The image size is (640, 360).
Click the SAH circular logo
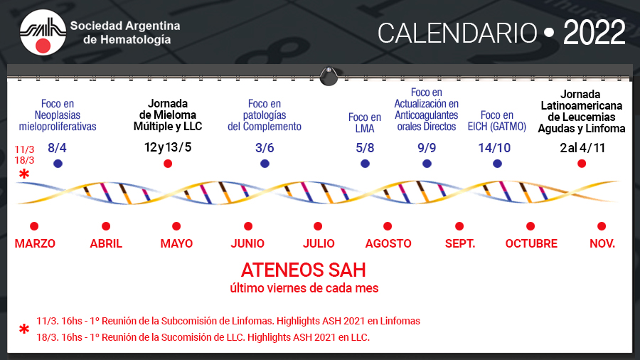43,33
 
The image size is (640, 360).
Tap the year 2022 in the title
594,33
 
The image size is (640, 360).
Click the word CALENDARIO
457,33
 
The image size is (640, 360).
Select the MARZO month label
35,243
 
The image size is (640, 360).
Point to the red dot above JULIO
318,226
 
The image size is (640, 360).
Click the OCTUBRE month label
531,243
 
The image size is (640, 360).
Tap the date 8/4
57,148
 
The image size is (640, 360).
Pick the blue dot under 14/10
497,164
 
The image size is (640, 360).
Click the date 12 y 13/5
168,147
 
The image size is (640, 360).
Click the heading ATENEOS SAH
303,270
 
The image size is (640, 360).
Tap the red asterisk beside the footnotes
24,329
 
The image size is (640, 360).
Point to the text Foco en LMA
365,123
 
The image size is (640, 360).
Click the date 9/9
427,148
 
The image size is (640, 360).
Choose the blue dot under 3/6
265,164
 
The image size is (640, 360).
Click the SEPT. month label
460,243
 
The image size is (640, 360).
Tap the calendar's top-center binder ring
329,76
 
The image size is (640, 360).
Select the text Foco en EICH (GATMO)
497,121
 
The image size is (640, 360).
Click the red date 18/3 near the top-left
24,160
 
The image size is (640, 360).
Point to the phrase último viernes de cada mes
304,288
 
